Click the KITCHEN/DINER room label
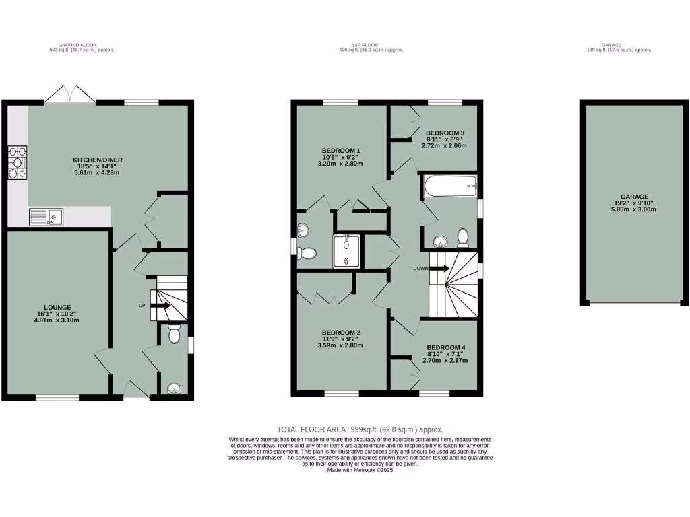(98, 160)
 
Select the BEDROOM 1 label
(341, 150)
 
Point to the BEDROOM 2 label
(341, 333)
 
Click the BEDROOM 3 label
(444, 133)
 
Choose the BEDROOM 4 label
(445, 348)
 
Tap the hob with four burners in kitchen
(16, 163)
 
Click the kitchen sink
(46, 217)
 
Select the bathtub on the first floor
(451, 186)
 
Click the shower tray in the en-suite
(347, 251)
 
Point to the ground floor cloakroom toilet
(175, 334)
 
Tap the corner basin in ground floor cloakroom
(175, 388)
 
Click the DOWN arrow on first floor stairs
(439, 268)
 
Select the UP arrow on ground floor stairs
(160, 306)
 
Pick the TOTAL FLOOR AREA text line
(360, 429)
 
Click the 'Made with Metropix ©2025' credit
(360, 470)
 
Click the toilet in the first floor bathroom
(463, 238)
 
